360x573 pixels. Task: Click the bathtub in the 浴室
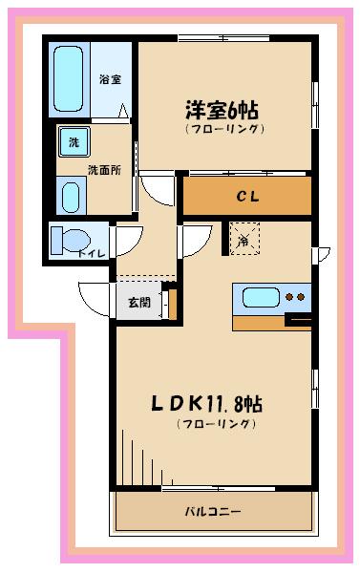70,78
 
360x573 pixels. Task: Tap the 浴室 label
110,79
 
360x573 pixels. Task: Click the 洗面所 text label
104,171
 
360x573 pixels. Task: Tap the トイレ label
93,253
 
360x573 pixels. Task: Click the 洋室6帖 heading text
224,109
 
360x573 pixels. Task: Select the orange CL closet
246,197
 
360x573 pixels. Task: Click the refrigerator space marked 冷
244,241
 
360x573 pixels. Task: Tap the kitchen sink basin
260,297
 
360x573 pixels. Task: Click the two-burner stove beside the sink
297,297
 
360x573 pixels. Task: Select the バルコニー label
213,510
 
